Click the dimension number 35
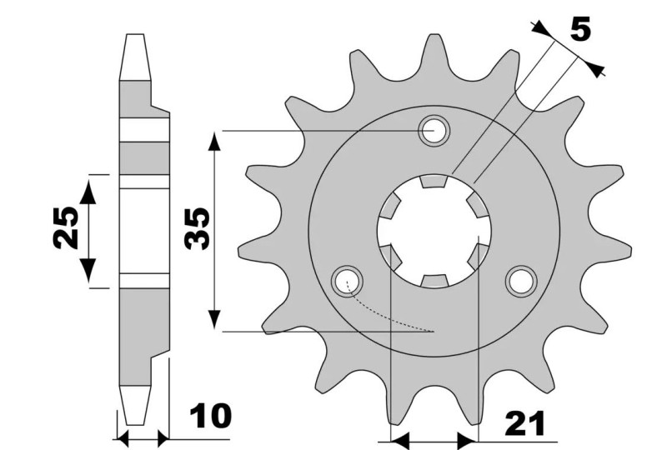click(197, 229)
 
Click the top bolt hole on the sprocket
click(434, 131)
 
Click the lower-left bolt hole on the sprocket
click(345, 281)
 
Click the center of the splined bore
click(434, 230)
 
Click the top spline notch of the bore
click(434, 181)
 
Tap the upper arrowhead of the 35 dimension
click(215, 140)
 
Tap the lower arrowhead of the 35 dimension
click(215, 321)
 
